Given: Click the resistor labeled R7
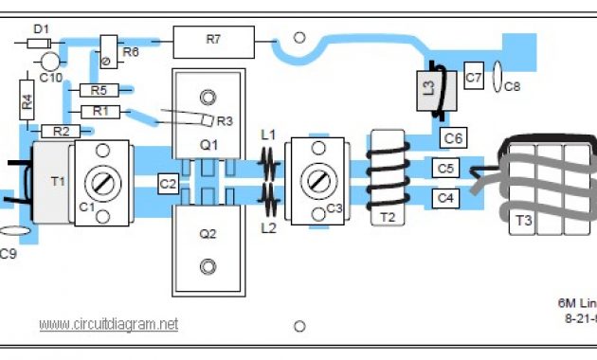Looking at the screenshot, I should [213, 41].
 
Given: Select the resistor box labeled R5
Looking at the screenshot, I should [99, 91].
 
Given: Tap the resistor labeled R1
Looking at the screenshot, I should [99, 112].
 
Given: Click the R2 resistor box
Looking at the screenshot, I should [60, 131].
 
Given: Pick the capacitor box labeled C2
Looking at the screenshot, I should [168, 183].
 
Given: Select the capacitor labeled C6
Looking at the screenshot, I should [454, 138].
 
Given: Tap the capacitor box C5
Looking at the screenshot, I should [446, 169].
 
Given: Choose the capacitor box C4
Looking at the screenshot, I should [446, 198].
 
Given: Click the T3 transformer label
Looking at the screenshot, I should [523, 220].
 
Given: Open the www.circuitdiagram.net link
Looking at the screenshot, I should [108, 324].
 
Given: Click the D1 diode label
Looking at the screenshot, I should [42, 29].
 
